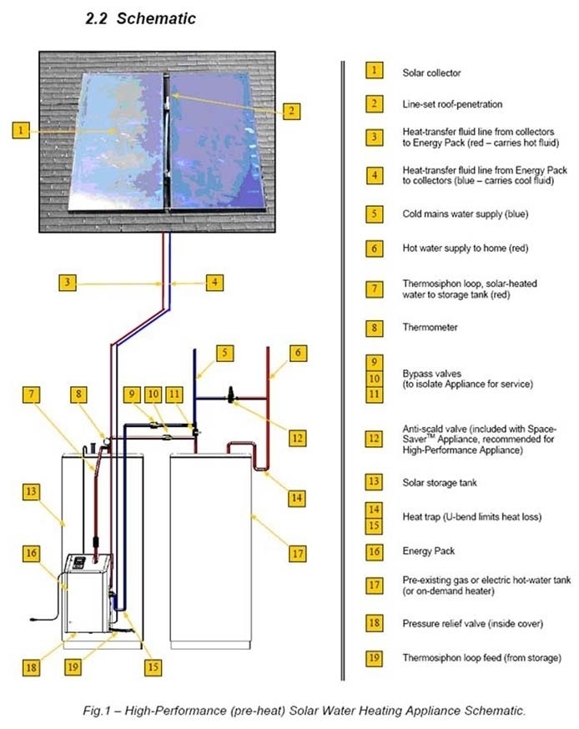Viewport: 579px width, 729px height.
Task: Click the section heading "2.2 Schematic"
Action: click(x=141, y=18)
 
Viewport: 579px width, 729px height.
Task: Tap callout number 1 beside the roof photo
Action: click(x=23, y=129)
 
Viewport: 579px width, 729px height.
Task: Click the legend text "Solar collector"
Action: click(x=430, y=73)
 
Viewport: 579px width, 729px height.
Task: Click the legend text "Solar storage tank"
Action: click(x=438, y=482)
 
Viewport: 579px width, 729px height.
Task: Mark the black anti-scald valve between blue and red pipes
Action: click(x=232, y=391)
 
